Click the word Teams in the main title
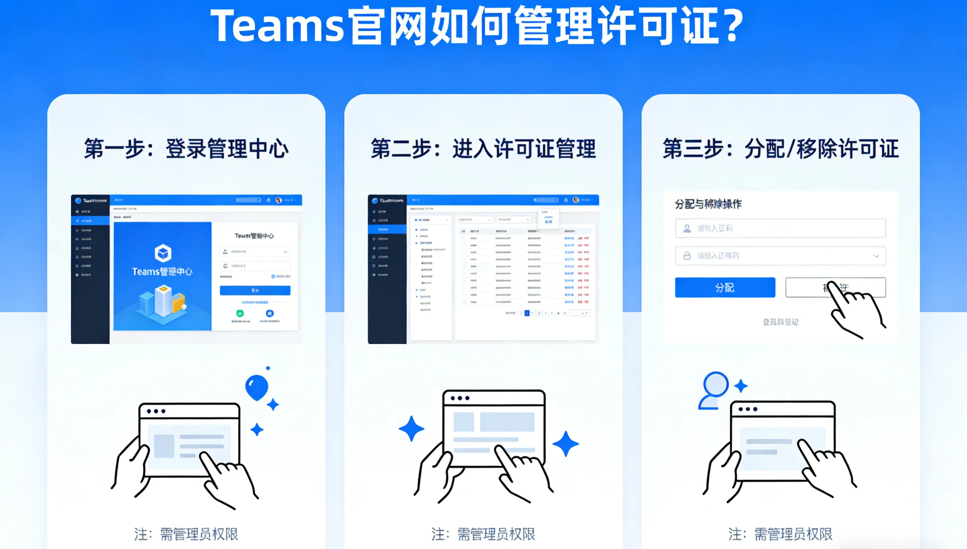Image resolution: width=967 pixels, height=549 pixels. (277, 26)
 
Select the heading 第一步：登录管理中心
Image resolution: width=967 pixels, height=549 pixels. (186, 149)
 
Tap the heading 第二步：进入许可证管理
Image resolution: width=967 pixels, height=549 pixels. (483, 149)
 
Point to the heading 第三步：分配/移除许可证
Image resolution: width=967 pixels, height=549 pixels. (780, 149)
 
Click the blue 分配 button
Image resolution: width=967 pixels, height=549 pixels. (725, 287)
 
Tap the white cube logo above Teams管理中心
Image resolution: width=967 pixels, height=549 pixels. (163, 253)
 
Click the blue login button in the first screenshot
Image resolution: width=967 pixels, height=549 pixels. (255, 290)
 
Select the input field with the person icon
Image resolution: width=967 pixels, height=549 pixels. (780, 228)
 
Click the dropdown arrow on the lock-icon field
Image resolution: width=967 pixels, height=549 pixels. (876, 256)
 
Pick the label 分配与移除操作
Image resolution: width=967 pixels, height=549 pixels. (708, 204)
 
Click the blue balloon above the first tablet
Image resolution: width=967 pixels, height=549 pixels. (257, 386)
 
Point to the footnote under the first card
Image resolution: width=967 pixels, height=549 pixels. (186, 534)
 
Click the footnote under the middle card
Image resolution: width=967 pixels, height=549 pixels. (483, 534)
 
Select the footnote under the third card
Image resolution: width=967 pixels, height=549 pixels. (780, 534)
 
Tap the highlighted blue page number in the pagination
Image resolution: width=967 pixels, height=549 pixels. (527, 313)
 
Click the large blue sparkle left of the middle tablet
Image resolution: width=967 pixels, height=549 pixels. (411, 428)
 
